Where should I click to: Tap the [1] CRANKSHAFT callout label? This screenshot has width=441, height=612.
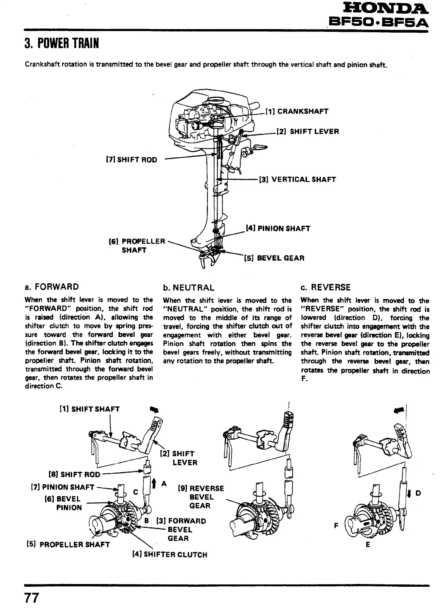pyautogui.click(x=297, y=111)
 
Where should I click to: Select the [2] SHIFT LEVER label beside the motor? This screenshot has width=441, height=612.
pyautogui.click(x=307, y=132)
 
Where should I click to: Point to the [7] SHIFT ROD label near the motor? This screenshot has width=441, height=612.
pyautogui.click(x=132, y=160)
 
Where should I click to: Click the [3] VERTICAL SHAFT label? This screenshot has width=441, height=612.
pyautogui.click(x=297, y=179)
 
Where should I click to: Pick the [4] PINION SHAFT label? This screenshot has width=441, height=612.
pyautogui.click(x=278, y=228)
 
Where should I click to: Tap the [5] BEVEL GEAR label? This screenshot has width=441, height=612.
pyautogui.click(x=274, y=258)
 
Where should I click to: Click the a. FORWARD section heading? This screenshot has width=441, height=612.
pyautogui.click(x=51, y=287)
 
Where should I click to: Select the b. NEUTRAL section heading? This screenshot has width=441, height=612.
pyautogui.click(x=188, y=288)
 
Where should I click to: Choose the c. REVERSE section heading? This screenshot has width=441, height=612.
pyautogui.click(x=326, y=287)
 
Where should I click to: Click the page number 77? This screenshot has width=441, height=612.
pyautogui.click(x=32, y=598)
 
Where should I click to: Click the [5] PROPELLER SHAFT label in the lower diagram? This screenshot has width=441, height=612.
pyautogui.click(x=67, y=544)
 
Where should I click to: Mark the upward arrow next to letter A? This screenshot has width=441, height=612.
pyautogui.click(x=154, y=483)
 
